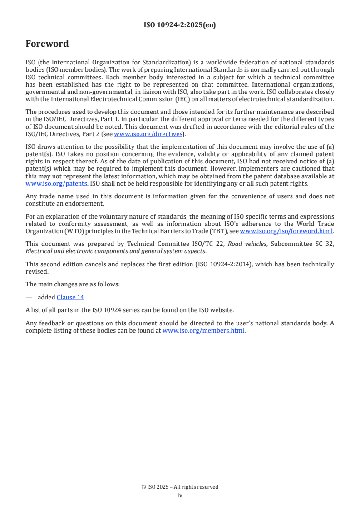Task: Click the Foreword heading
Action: coord(47,44)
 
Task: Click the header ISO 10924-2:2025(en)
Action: coord(180,25)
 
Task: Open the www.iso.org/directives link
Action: coord(148,134)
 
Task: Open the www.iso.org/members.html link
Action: coord(204,330)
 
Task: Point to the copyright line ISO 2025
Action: coord(180,487)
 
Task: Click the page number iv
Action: coord(180,495)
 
